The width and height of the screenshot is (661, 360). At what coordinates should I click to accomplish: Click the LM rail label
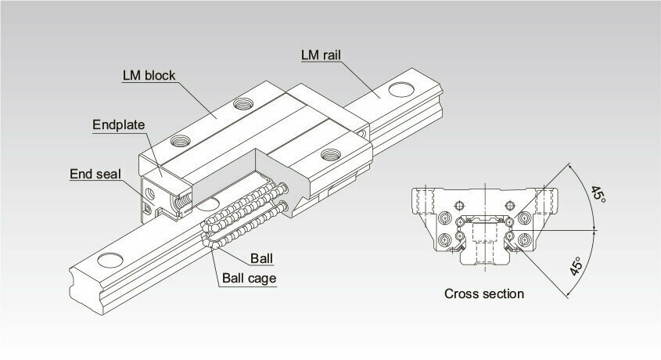point(321,55)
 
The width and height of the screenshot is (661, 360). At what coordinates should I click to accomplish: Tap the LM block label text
point(149,75)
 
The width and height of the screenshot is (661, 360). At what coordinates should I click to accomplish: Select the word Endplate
point(118,124)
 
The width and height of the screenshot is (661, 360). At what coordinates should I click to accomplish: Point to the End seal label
point(95,174)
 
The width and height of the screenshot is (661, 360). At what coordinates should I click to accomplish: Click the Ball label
point(261,258)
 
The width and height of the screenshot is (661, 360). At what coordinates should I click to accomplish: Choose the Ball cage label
point(249,279)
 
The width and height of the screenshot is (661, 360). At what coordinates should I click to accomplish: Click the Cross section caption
point(484,293)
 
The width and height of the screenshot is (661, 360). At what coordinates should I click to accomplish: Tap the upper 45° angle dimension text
point(598,194)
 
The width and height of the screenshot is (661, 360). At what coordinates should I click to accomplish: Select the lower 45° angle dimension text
point(577,266)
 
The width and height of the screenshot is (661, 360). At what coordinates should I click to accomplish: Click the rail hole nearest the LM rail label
point(401,89)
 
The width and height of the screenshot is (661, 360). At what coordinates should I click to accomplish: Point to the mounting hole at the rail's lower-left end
point(110,260)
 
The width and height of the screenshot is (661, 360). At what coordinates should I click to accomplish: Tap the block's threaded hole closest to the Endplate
point(181,140)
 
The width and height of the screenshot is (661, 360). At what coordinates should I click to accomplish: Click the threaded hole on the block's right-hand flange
point(331,154)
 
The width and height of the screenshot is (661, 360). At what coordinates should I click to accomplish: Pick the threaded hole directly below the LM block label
point(243,103)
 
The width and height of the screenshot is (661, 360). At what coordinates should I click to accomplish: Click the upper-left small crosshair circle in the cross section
point(459,205)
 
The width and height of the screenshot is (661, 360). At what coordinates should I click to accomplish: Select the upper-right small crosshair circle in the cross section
point(510,205)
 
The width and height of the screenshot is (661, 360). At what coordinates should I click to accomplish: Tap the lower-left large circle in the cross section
point(445,239)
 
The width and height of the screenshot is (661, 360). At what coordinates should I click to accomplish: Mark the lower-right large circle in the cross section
point(524,239)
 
